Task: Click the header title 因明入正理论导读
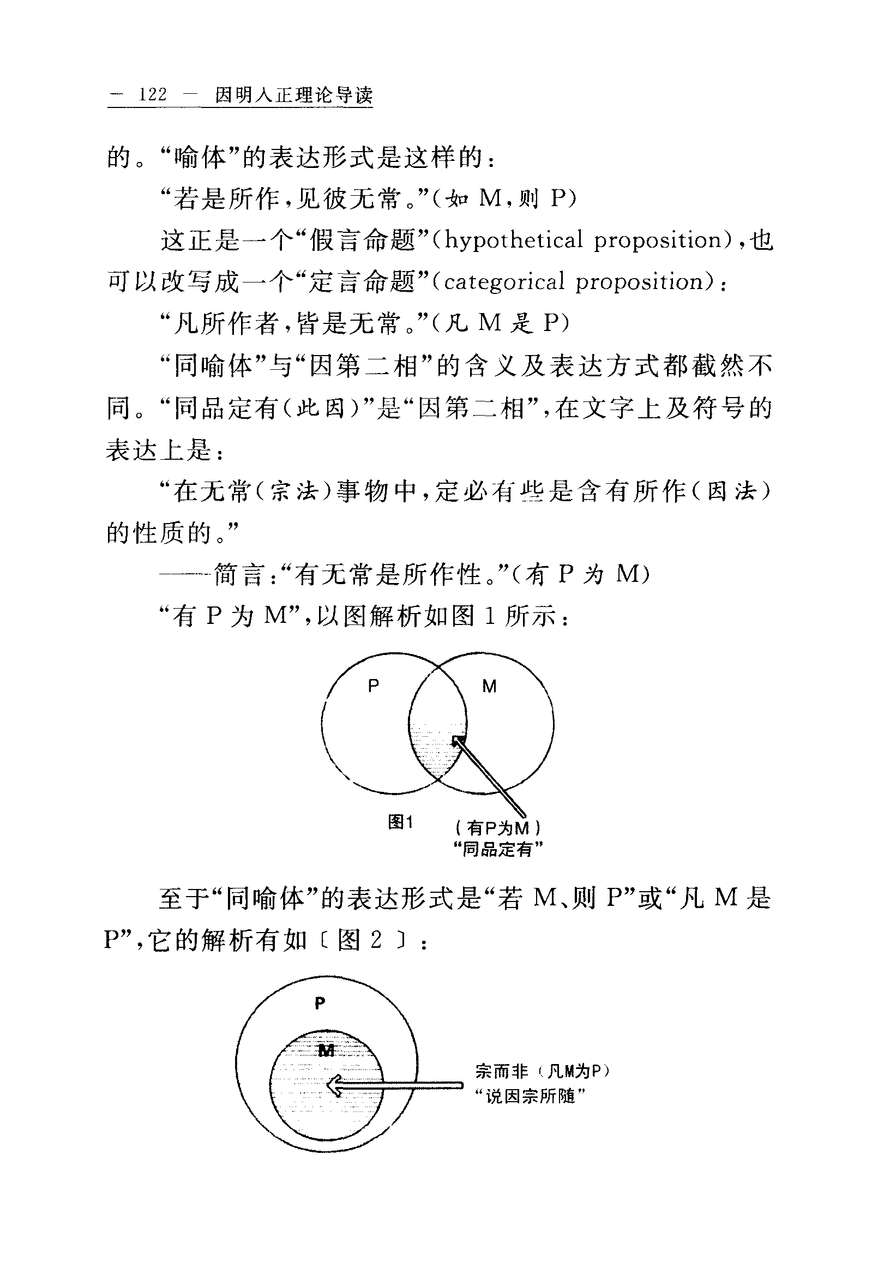(294, 95)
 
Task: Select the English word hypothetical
(513, 241)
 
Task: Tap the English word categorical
(504, 282)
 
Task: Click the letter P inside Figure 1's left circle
(374, 686)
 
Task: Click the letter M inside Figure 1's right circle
(489, 687)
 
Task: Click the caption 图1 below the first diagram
(401, 822)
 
